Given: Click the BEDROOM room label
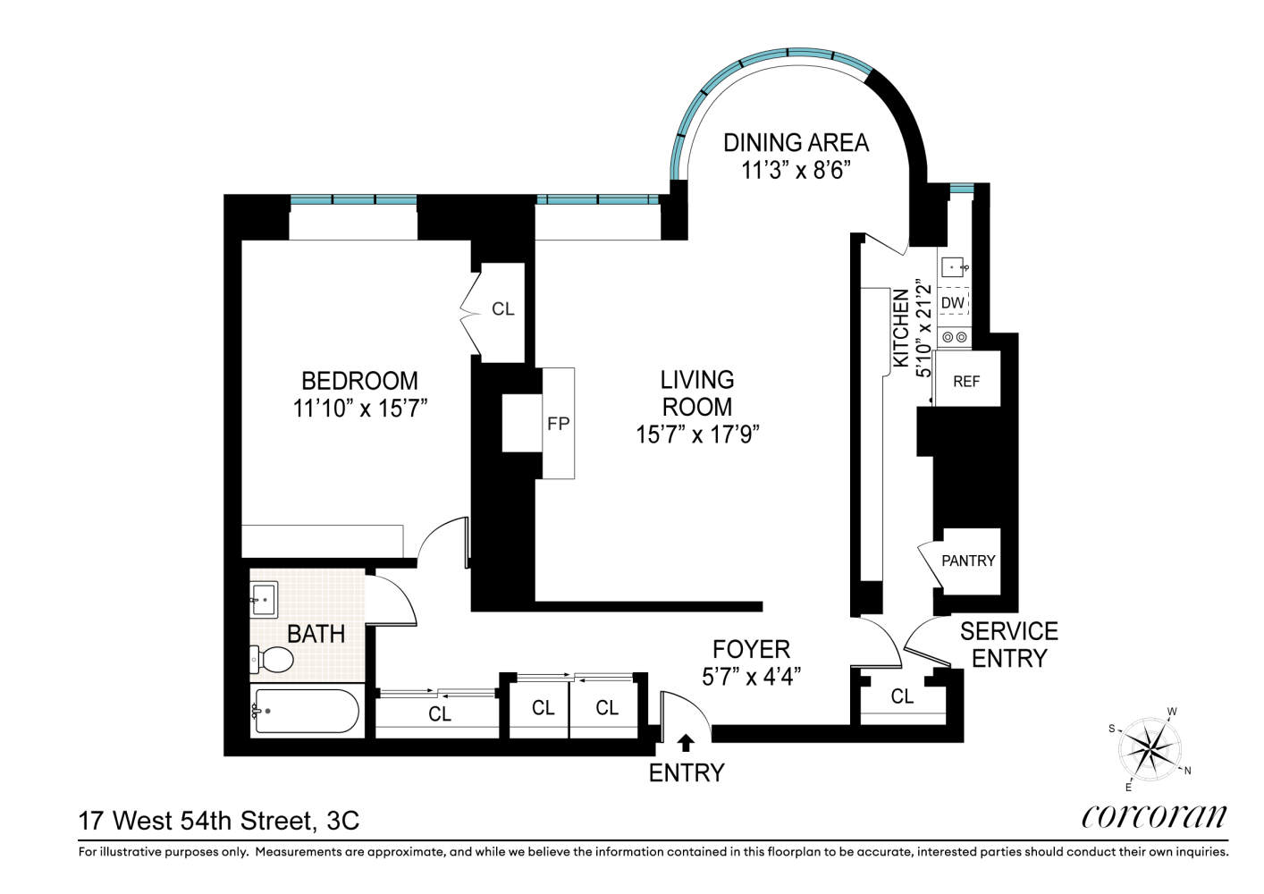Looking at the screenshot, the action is (359, 381).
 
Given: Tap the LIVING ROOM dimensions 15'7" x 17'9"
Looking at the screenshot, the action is (697, 434).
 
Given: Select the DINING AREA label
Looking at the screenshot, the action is (795, 142).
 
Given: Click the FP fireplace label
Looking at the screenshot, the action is (558, 424).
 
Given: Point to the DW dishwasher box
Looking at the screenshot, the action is (953, 303).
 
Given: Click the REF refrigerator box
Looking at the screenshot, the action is (966, 381).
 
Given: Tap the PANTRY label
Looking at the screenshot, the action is (968, 561).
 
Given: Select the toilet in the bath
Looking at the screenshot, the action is (275, 660).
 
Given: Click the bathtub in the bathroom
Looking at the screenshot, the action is (306, 712).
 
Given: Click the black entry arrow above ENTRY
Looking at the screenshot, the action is (687, 742).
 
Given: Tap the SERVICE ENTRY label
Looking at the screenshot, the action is (1008, 645).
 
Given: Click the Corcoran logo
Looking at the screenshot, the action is (1154, 815).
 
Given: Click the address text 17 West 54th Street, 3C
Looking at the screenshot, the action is (219, 820).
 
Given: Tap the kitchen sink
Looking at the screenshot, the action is (953, 266).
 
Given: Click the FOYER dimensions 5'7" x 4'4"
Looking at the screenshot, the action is (751, 677).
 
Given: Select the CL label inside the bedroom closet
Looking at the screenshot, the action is (503, 308).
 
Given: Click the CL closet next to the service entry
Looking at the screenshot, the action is (902, 696).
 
